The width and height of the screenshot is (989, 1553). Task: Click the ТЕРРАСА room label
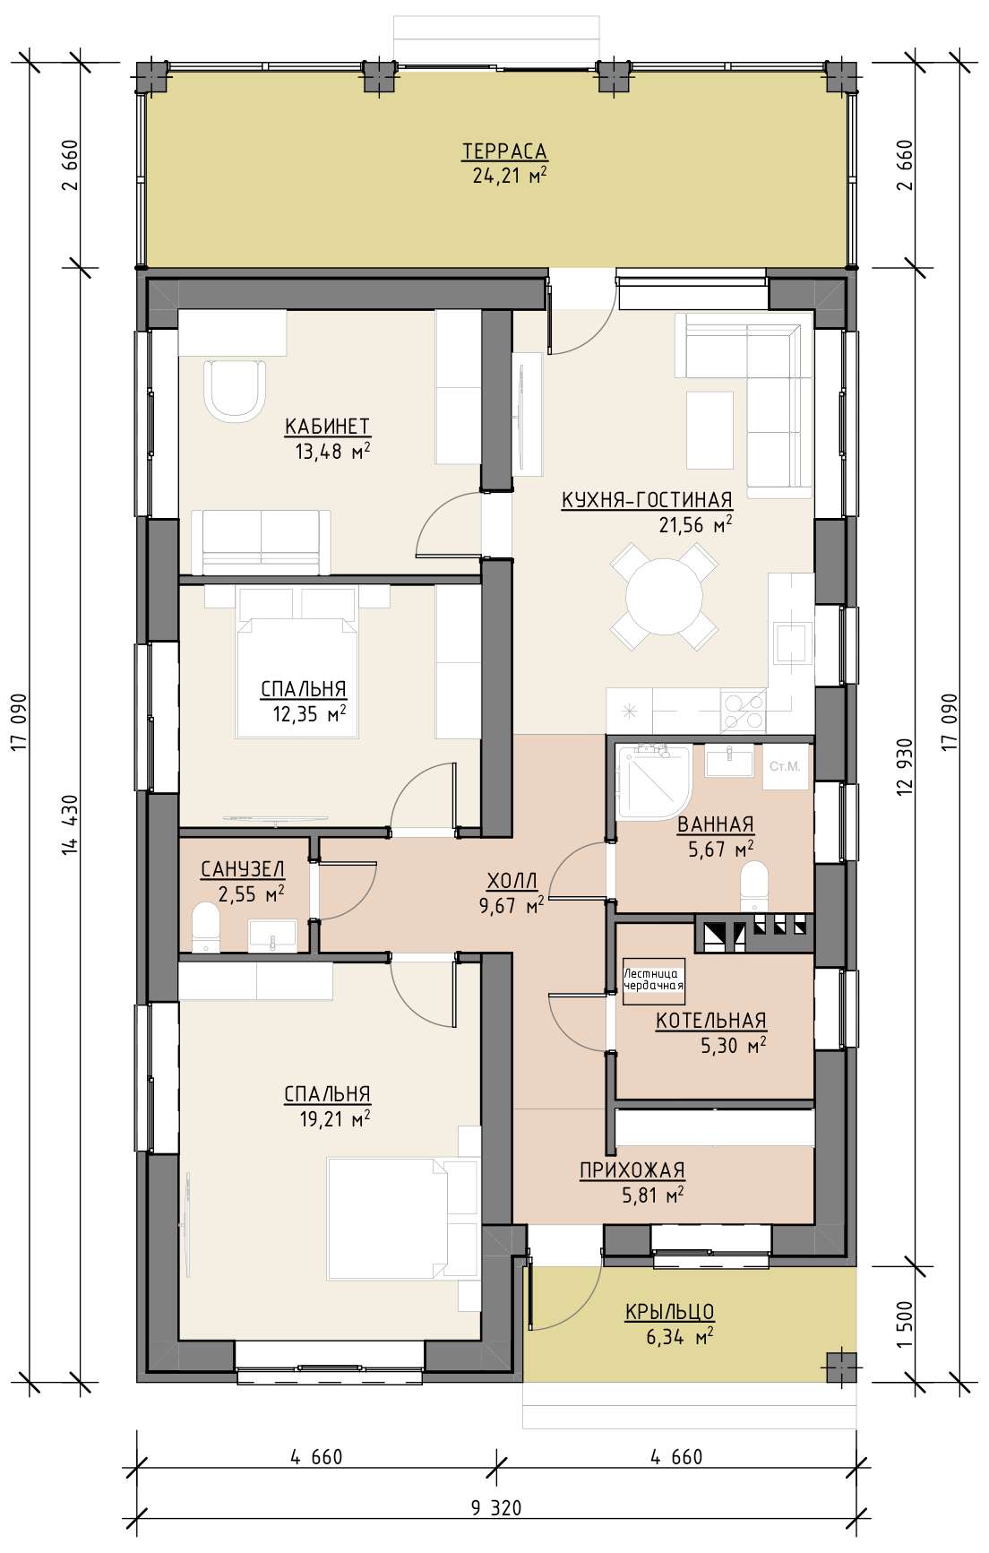[x=504, y=151]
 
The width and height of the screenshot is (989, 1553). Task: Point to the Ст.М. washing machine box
[x=785, y=767]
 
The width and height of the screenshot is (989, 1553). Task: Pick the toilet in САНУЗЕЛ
[x=206, y=927]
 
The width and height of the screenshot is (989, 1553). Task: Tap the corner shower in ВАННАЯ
[x=653, y=781]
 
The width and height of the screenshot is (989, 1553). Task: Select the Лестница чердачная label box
[x=654, y=979]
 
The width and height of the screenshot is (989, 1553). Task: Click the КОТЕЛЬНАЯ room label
[x=711, y=1021]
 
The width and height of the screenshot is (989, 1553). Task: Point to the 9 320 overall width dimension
[x=495, y=1507]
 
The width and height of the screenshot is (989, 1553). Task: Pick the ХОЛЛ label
[x=512, y=880]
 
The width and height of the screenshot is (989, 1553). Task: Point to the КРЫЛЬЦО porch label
[x=669, y=1312]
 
